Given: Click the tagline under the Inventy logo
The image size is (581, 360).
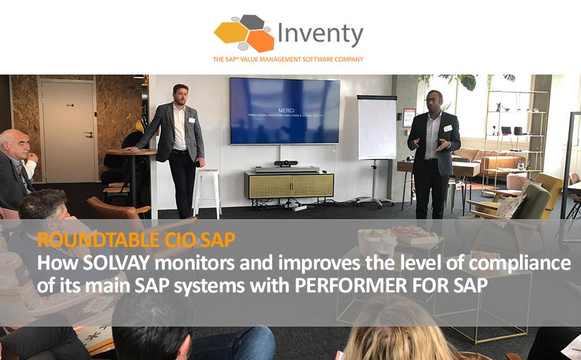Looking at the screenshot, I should tap(287, 59).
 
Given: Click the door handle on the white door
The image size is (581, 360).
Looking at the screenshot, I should tap(89, 135).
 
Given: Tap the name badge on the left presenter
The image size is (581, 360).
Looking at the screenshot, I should tap(191, 119).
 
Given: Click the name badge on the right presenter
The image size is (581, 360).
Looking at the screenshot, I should tap(448, 128).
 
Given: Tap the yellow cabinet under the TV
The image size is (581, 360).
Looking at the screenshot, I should tap(289, 185).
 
